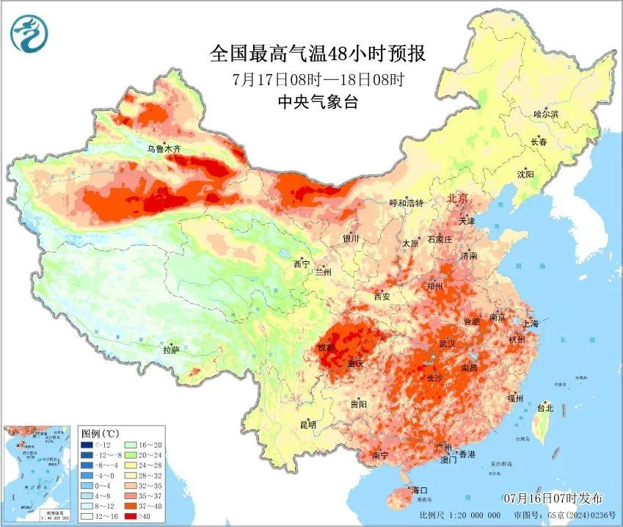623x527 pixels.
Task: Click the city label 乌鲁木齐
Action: pyautogui.click(x=163, y=148)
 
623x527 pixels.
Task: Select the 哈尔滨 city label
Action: pyautogui.click(x=546, y=114)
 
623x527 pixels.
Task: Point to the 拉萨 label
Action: pyautogui.click(x=171, y=349)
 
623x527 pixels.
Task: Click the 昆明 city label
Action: pyautogui.click(x=307, y=424)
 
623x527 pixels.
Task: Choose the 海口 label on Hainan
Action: pyautogui.click(x=418, y=489)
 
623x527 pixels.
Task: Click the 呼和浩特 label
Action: pyautogui.click(x=406, y=203)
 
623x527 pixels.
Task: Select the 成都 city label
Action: pyautogui.click(x=327, y=347)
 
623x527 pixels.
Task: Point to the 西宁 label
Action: pyautogui.click(x=302, y=263)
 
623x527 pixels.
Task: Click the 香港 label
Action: pyautogui.click(x=467, y=454)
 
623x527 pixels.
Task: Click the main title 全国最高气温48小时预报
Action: pyautogui.click(x=318, y=54)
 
